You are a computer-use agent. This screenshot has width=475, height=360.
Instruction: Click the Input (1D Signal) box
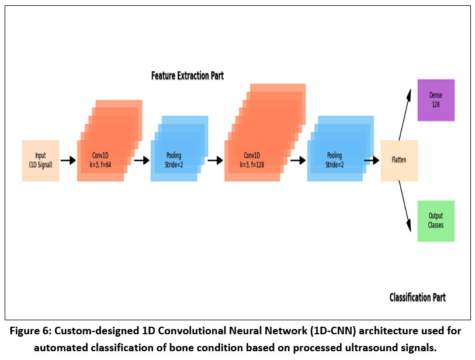point(40,160)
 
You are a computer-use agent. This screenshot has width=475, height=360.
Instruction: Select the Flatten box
point(399,160)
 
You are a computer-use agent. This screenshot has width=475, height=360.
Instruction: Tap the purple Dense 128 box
point(436,100)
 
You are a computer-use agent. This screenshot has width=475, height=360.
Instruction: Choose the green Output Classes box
point(436,221)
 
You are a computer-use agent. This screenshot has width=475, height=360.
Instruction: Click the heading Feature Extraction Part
point(187,76)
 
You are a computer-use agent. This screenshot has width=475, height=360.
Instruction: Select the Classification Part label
point(417,297)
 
